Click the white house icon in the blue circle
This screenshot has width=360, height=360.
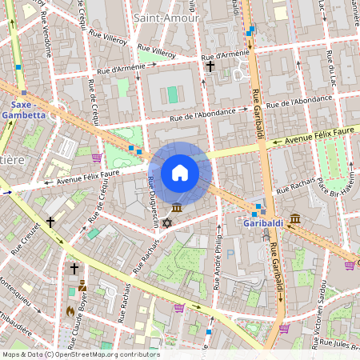pyautogui.click(x=180, y=173)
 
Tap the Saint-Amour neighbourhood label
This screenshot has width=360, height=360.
pyautogui.click(x=167, y=17)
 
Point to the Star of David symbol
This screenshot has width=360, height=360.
pyautogui.click(x=166, y=222)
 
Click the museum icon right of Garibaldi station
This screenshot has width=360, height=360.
pyautogui.click(x=295, y=218)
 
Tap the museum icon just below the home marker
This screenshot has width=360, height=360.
pyautogui.click(x=176, y=208)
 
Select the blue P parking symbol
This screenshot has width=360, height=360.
pyautogui.click(x=231, y=254)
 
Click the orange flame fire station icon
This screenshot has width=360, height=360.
pyautogui.click(x=71, y=309)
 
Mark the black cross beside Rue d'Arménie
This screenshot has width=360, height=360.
pyautogui.click(x=210, y=66)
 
